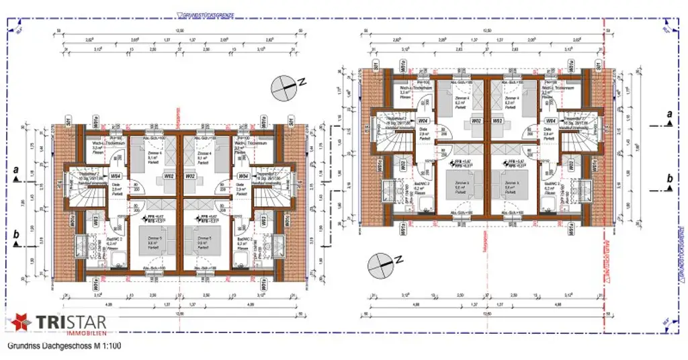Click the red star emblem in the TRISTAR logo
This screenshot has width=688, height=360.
pyautogui.click(x=21, y=322)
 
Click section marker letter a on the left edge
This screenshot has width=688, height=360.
pyautogui.click(x=15, y=171)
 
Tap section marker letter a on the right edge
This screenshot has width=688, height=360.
pyautogui.click(x=669, y=116)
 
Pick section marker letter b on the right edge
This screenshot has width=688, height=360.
pyautogui.click(x=669, y=178)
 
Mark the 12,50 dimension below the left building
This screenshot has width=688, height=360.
pyautogui.click(x=178, y=312)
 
